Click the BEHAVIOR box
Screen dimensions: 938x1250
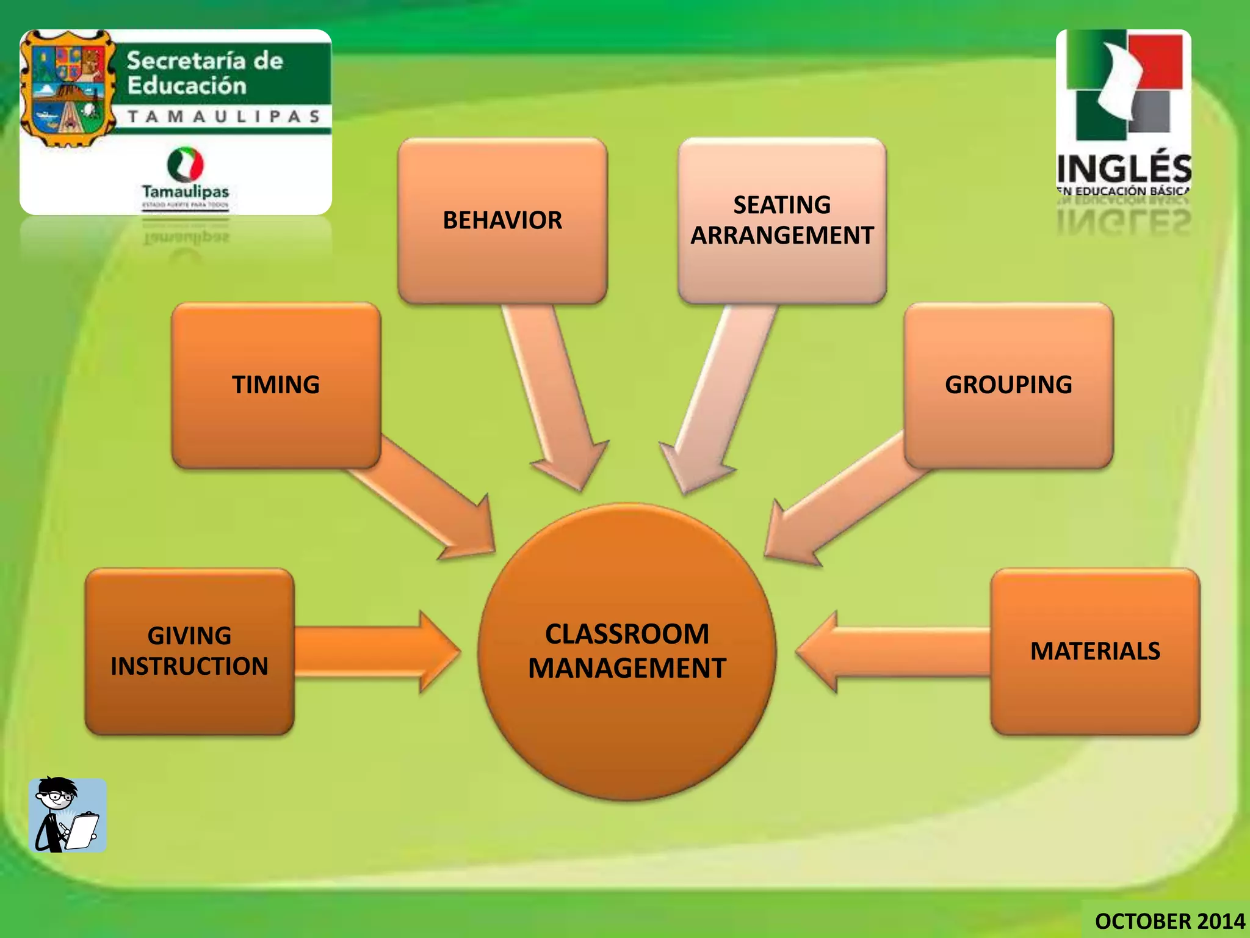tap(502, 220)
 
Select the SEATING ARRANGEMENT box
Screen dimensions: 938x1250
tap(782, 220)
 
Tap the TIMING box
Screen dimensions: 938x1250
tap(276, 385)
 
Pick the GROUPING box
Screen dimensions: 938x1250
tap(1008, 385)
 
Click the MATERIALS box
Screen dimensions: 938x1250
tap(1095, 651)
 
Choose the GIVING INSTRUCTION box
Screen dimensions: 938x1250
tap(189, 651)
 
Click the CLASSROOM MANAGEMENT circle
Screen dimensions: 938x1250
tap(627, 652)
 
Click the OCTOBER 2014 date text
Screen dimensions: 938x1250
tap(1169, 921)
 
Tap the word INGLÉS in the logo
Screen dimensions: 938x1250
tap(1124, 167)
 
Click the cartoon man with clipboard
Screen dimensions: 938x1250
tap(67, 815)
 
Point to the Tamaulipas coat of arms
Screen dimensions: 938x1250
tap(67, 89)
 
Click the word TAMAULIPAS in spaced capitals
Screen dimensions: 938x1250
tap(224, 117)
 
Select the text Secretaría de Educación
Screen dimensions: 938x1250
tap(204, 73)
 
